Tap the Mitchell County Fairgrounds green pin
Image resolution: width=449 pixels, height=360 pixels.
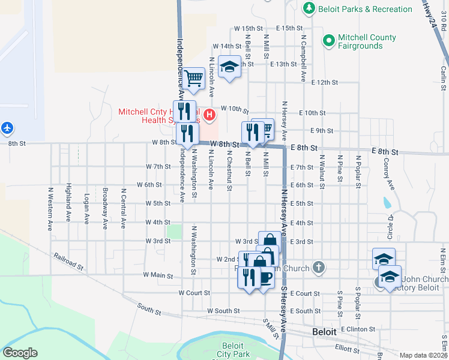[x=328, y=41]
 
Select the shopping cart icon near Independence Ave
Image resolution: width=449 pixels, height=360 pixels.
[x=193, y=77]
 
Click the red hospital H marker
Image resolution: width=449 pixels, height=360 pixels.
[x=209, y=114]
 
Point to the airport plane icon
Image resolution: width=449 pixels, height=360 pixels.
[x=7, y=128]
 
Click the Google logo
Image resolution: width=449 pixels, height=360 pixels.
[x=20, y=353]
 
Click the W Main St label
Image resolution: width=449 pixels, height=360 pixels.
[x=158, y=276]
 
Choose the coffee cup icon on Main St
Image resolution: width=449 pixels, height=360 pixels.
[x=266, y=277]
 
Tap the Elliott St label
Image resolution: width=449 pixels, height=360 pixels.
[x=346, y=347]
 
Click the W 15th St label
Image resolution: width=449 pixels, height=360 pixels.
[x=249, y=28]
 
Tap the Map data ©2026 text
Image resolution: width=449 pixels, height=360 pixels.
[x=423, y=355]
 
